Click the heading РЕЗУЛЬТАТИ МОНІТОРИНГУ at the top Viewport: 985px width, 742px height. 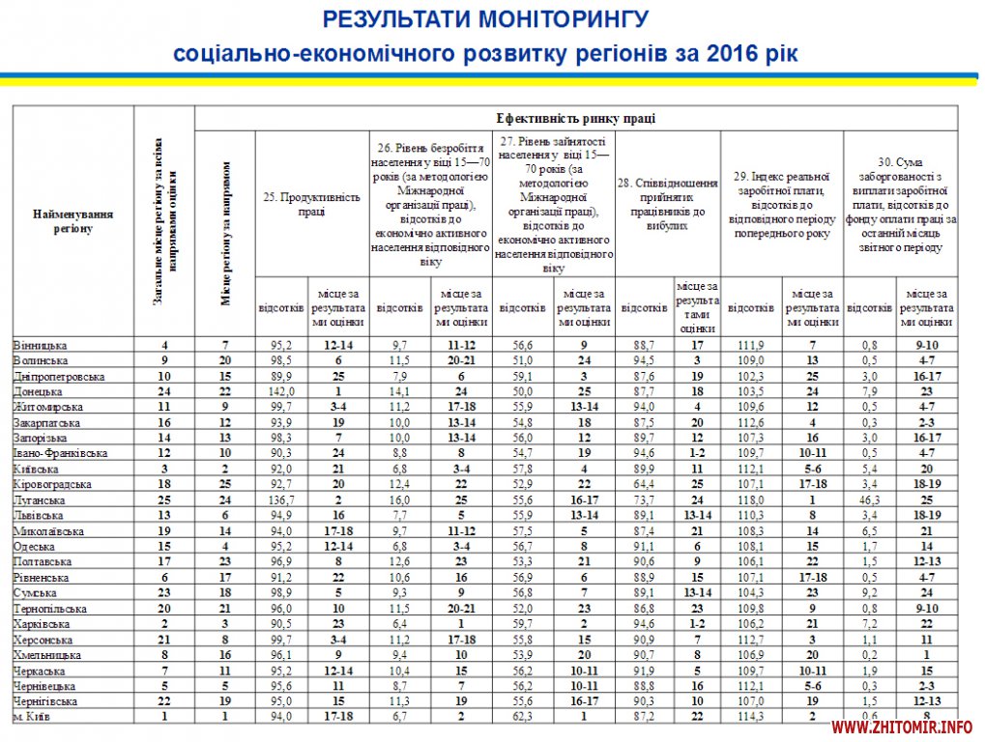[x=485, y=19]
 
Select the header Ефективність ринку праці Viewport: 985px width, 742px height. [x=576, y=119]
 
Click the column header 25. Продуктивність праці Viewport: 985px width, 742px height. [x=311, y=204]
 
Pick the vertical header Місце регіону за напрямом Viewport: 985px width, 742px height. [x=225, y=233]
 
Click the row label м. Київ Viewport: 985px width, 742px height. [x=33, y=716]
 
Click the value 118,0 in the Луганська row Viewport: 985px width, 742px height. [x=751, y=499]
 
